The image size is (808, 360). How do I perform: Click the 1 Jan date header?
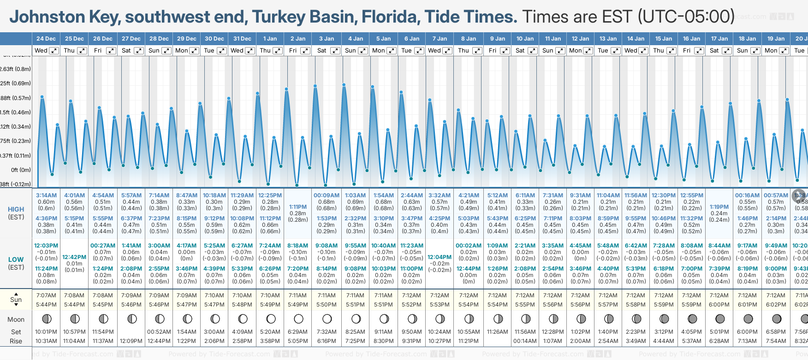pos(270,39)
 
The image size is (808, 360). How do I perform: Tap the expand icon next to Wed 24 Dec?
pos(54,51)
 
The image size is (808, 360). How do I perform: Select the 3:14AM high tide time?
pos(46,195)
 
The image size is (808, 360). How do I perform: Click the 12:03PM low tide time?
pos(46,246)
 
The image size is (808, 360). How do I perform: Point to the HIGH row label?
pos(16,209)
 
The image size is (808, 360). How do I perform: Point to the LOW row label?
pos(16,260)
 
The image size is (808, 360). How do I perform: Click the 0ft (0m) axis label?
pos(21,170)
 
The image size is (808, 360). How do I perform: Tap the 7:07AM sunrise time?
pos(46,295)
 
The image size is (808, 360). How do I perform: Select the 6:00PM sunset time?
pos(719,305)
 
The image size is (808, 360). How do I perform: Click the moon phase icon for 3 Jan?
pos(327,319)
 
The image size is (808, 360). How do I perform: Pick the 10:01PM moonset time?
pos(46,332)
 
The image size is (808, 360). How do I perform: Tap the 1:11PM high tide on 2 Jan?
pos(298,207)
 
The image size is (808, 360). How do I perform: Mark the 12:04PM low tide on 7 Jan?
pos(440,257)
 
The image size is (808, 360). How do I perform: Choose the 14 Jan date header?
pos(636,39)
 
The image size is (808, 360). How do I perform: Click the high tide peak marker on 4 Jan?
pos(344,85)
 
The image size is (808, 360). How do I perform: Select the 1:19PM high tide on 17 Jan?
pos(719,207)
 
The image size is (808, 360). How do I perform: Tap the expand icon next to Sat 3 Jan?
pos(335,51)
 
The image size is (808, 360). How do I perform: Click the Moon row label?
pos(16,319)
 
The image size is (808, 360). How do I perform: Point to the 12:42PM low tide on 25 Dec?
pos(74,257)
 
